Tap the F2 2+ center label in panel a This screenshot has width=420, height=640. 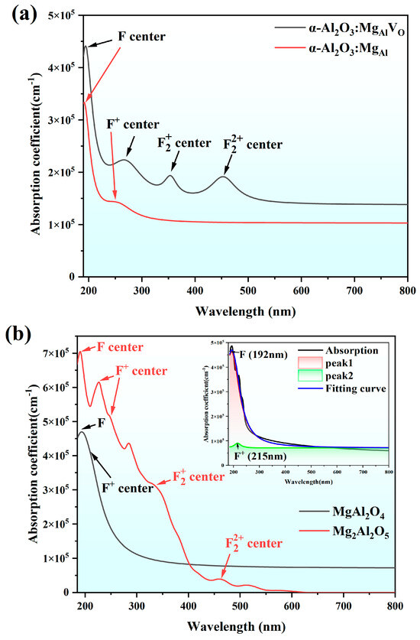tap(252, 144)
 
